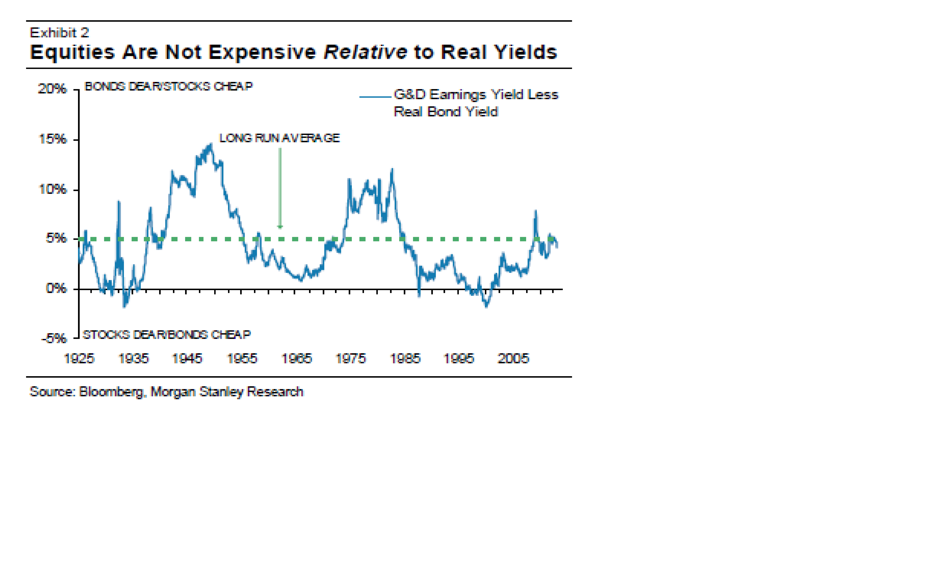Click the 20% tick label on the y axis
click(x=52, y=89)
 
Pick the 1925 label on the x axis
click(x=79, y=359)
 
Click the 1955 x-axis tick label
click(x=242, y=359)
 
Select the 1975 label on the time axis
click(x=351, y=359)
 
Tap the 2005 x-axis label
click(x=513, y=359)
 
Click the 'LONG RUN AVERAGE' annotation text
click(x=279, y=138)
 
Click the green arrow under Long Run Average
click(x=280, y=188)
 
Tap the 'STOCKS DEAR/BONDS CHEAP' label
click(x=167, y=335)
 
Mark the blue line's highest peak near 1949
click(x=211, y=145)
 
